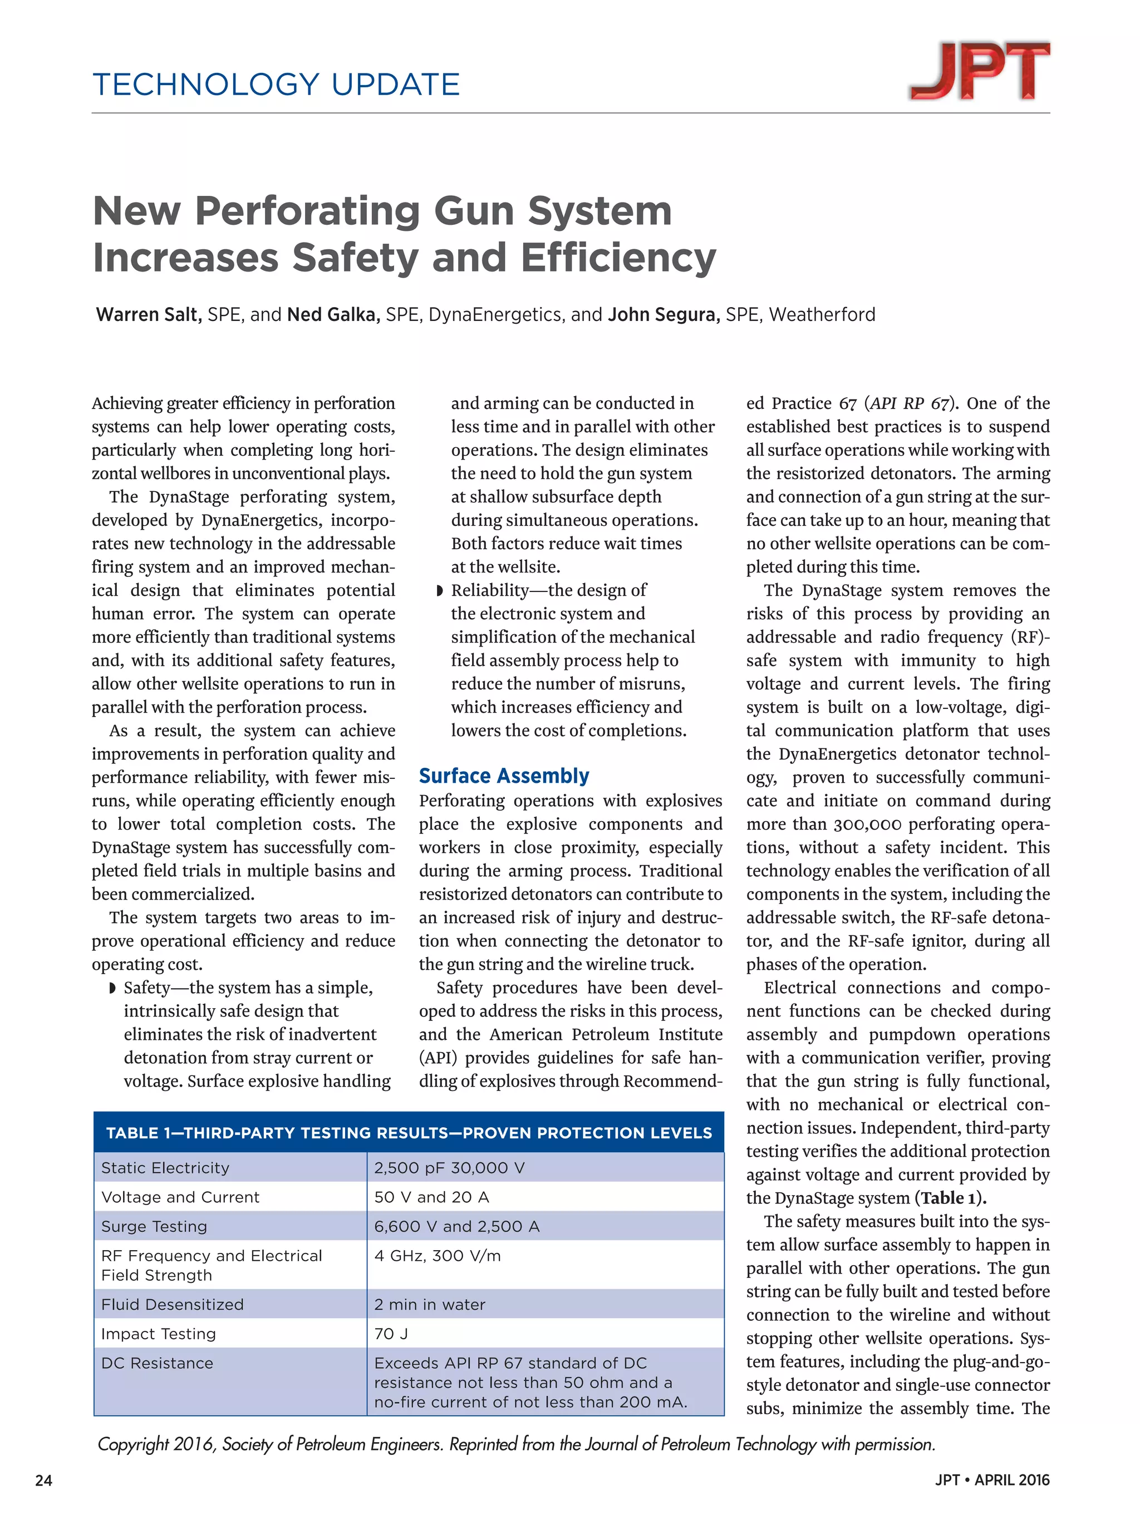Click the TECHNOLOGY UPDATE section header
[276, 85]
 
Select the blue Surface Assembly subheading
[503, 776]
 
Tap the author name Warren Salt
[148, 314]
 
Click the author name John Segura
[664, 314]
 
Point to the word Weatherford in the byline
[822, 314]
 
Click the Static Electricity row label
[165, 1168]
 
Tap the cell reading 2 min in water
[429, 1304]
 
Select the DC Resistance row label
[157, 1363]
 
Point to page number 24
[43, 1480]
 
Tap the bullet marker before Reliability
[439, 591]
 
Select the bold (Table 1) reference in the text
[950, 1198]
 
